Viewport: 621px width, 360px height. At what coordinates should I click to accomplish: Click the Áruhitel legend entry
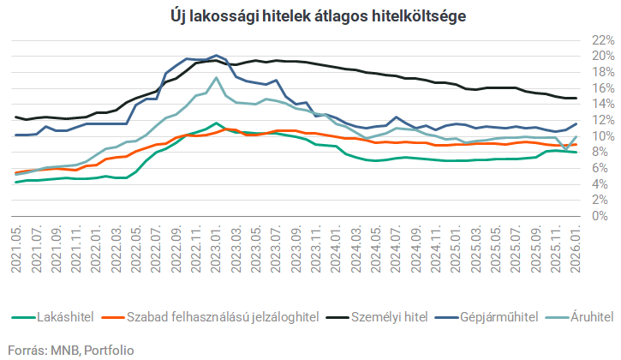pyautogui.click(x=592, y=317)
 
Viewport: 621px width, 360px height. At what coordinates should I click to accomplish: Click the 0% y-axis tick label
pyautogui.click(x=606, y=217)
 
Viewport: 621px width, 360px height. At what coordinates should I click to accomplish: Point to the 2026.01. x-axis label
pyautogui.click(x=576, y=249)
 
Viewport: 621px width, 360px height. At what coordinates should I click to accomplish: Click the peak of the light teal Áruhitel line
pyautogui.click(x=217, y=78)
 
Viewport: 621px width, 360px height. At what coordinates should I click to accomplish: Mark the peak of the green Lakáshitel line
pyautogui.click(x=217, y=123)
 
